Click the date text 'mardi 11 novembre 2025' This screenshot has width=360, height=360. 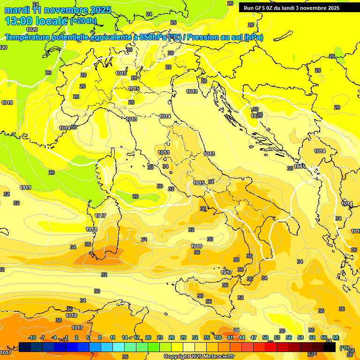pos(58,10)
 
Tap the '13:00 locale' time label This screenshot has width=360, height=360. pos(37,21)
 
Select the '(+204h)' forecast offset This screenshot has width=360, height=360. pos(83,21)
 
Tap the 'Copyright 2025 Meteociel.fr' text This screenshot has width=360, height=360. pos(199,357)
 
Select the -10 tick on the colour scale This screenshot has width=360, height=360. pos(32,338)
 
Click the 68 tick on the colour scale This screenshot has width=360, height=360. pos(336,338)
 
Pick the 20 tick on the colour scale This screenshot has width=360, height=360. pos(148,338)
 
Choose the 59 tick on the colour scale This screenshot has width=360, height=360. pos(300,338)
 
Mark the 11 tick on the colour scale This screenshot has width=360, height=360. pos(113,338)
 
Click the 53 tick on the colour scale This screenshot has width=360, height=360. pos(277,338)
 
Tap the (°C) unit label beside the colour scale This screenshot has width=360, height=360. pos(345,348)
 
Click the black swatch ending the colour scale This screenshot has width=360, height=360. pos(330,347)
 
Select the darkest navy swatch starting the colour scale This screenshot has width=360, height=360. pos(25,347)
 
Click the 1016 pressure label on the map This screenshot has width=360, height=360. pos(196,246)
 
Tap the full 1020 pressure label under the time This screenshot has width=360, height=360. pos(32,30)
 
